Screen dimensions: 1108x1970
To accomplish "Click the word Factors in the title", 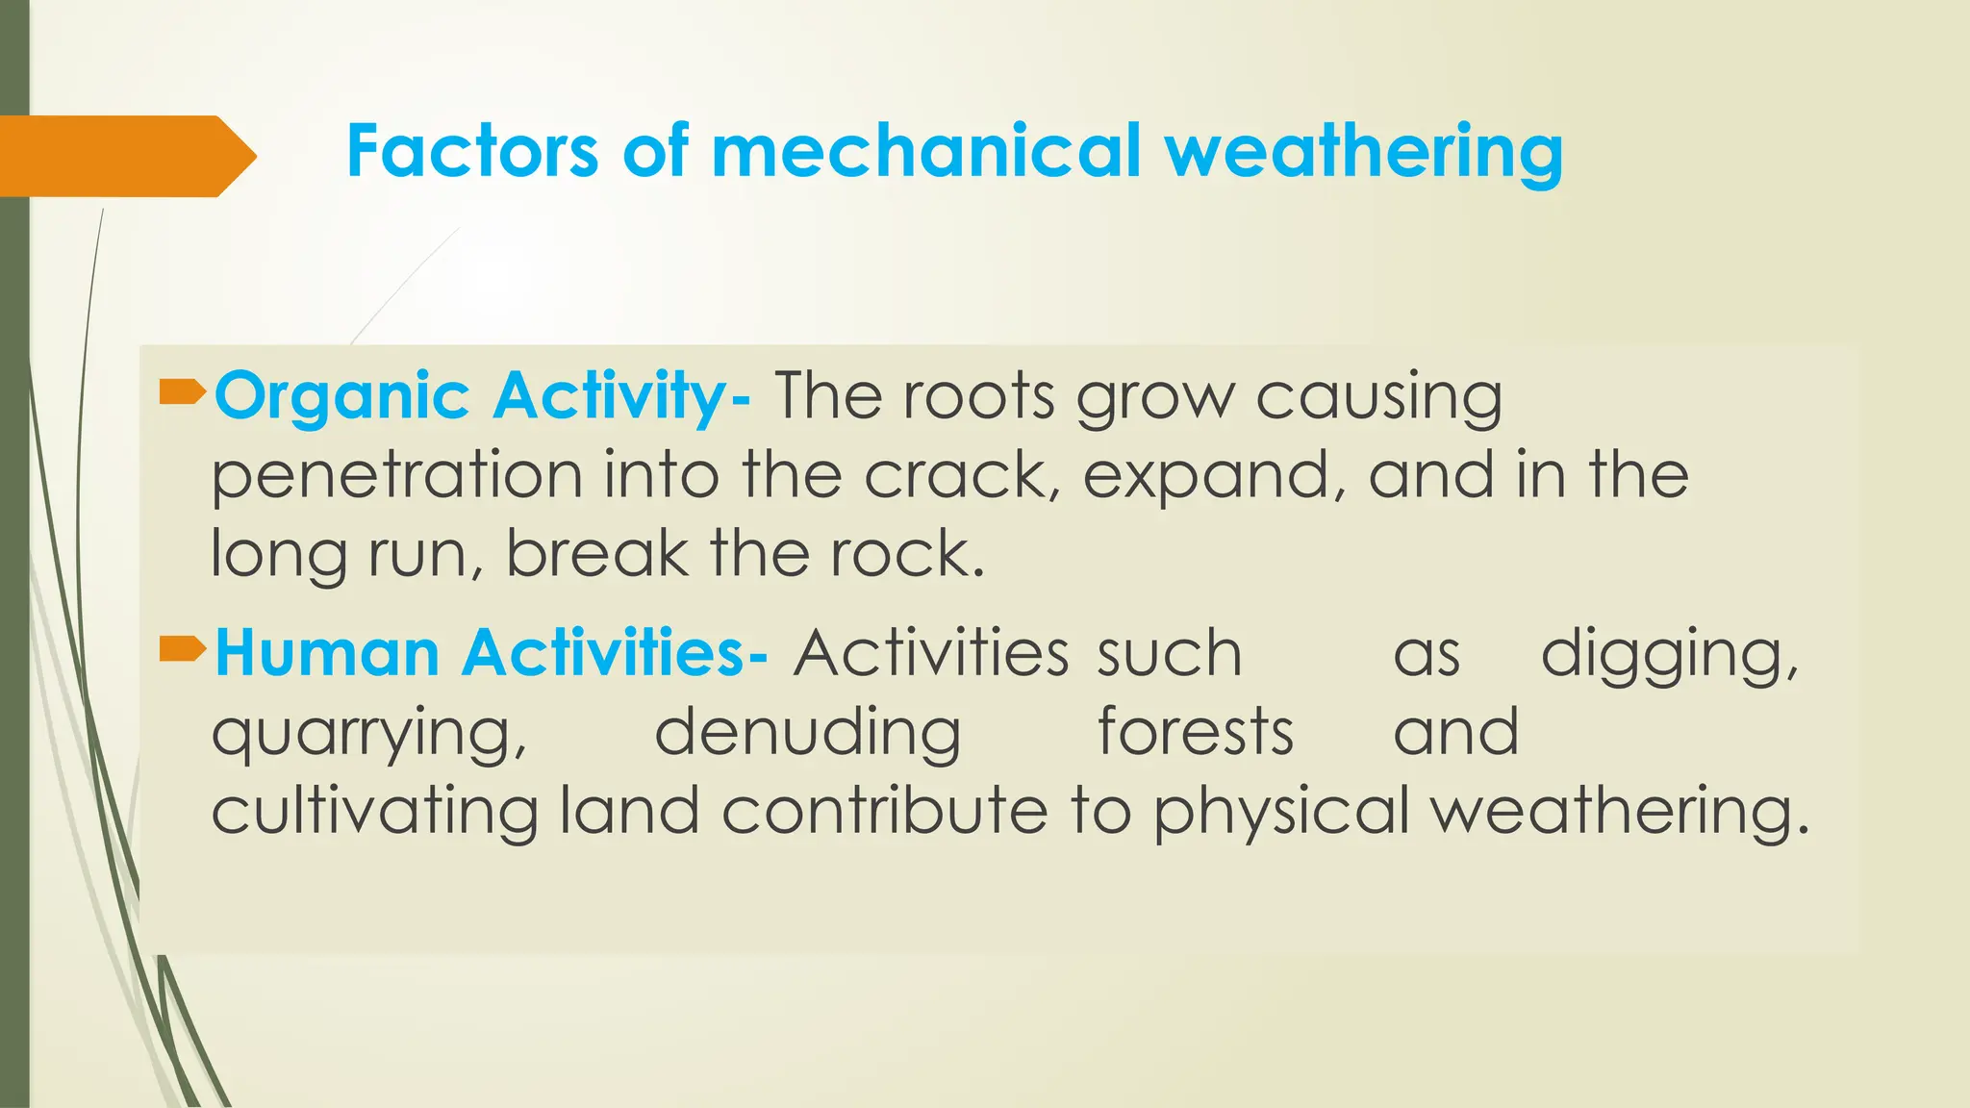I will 471,152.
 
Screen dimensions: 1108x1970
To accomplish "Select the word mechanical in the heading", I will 924,152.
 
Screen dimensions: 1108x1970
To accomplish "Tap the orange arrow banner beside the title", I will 125,156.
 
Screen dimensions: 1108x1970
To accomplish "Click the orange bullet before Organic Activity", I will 183,391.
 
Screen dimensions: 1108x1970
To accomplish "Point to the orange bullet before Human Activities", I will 183,649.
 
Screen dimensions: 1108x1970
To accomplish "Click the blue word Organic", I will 341,397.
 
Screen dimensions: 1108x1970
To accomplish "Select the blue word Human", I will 327,653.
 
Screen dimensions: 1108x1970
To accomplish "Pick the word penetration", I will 396,476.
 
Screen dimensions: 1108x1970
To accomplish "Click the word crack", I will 961,475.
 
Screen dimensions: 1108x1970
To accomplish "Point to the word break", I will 597,554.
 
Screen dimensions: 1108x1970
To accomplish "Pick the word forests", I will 1195,732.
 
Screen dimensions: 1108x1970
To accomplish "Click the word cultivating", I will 374,811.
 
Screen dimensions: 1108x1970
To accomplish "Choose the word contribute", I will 884,811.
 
